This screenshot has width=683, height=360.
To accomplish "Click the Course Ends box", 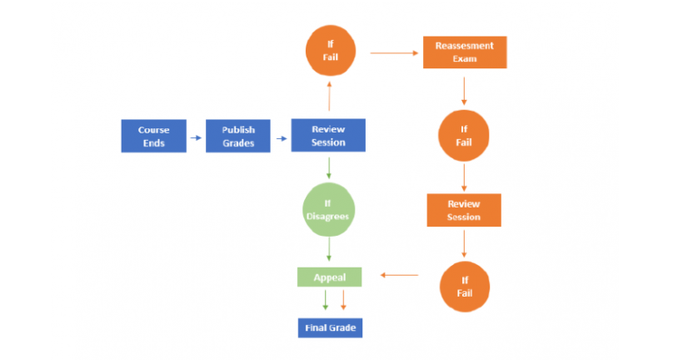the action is coord(154,136).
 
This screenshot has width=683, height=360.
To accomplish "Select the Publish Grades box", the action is coord(238,136).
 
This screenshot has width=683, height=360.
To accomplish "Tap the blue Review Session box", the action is coord(328,135).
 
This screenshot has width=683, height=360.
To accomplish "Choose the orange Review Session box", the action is coord(464,210).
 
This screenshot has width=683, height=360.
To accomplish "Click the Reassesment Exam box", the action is coord(465,52).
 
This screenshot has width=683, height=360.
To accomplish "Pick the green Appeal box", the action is coord(329,277).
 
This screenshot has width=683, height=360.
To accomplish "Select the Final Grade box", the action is coord(330,327).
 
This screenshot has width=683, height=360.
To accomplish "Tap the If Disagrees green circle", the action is coord(328,210).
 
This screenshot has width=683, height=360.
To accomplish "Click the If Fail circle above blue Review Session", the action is coord(331,51).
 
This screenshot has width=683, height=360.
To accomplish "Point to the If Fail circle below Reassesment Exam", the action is coord(463,136).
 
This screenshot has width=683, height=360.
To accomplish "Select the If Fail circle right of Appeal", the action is coord(465,287).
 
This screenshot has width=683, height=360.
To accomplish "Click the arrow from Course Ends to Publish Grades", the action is coord(196,137).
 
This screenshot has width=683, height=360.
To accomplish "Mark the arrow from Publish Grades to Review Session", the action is coord(282,138).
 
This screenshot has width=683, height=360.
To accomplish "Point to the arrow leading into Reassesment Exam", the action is coord(394,53).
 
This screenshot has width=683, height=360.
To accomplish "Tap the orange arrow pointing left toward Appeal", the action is coord(400,275).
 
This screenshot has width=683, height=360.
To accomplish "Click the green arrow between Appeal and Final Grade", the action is coord(325,300).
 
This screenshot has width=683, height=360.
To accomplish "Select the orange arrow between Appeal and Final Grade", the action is coord(343,300).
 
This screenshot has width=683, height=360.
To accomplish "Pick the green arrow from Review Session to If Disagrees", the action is coord(329,167).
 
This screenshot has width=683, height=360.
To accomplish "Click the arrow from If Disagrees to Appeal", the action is coord(329,250).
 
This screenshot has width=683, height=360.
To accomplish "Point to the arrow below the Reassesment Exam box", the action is coord(464,91).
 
